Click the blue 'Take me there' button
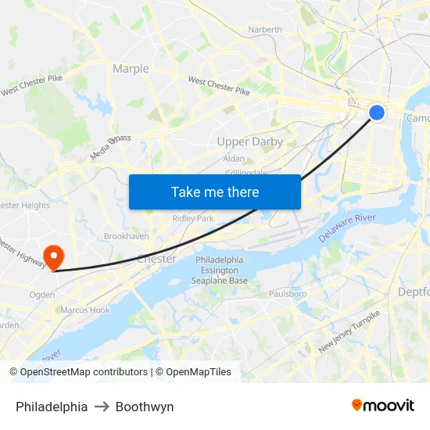(x=215, y=192)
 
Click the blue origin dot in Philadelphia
(x=377, y=113)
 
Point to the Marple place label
(x=131, y=69)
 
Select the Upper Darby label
(x=250, y=142)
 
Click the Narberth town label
(x=265, y=30)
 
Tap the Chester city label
(x=156, y=258)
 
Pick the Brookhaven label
(x=127, y=235)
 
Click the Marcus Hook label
(x=85, y=310)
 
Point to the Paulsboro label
(x=287, y=294)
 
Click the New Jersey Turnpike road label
(x=349, y=331)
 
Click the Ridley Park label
(x=193, y=218)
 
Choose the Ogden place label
(x=41, y=295)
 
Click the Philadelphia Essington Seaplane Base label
(x=220, y=270)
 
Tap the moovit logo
(x=382, y=406)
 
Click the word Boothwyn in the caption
(x=145, y=407)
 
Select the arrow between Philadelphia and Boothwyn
(x=102, y=407)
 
